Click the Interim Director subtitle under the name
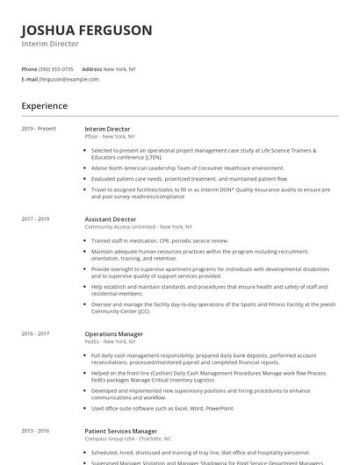(50, 43)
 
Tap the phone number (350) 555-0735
(56, 68)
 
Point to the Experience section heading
(44, 106)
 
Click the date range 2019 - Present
(39, 129)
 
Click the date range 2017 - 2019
(35, 218)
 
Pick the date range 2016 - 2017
(35, 333)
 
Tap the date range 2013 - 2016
(35, 431)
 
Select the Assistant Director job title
(110, 218)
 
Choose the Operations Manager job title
(113, 333)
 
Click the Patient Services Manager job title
(121, 431)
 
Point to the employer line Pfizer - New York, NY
(110, 137)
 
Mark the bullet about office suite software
(162, 408)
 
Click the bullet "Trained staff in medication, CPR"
(159, 240)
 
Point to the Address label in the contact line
(91, 68)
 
